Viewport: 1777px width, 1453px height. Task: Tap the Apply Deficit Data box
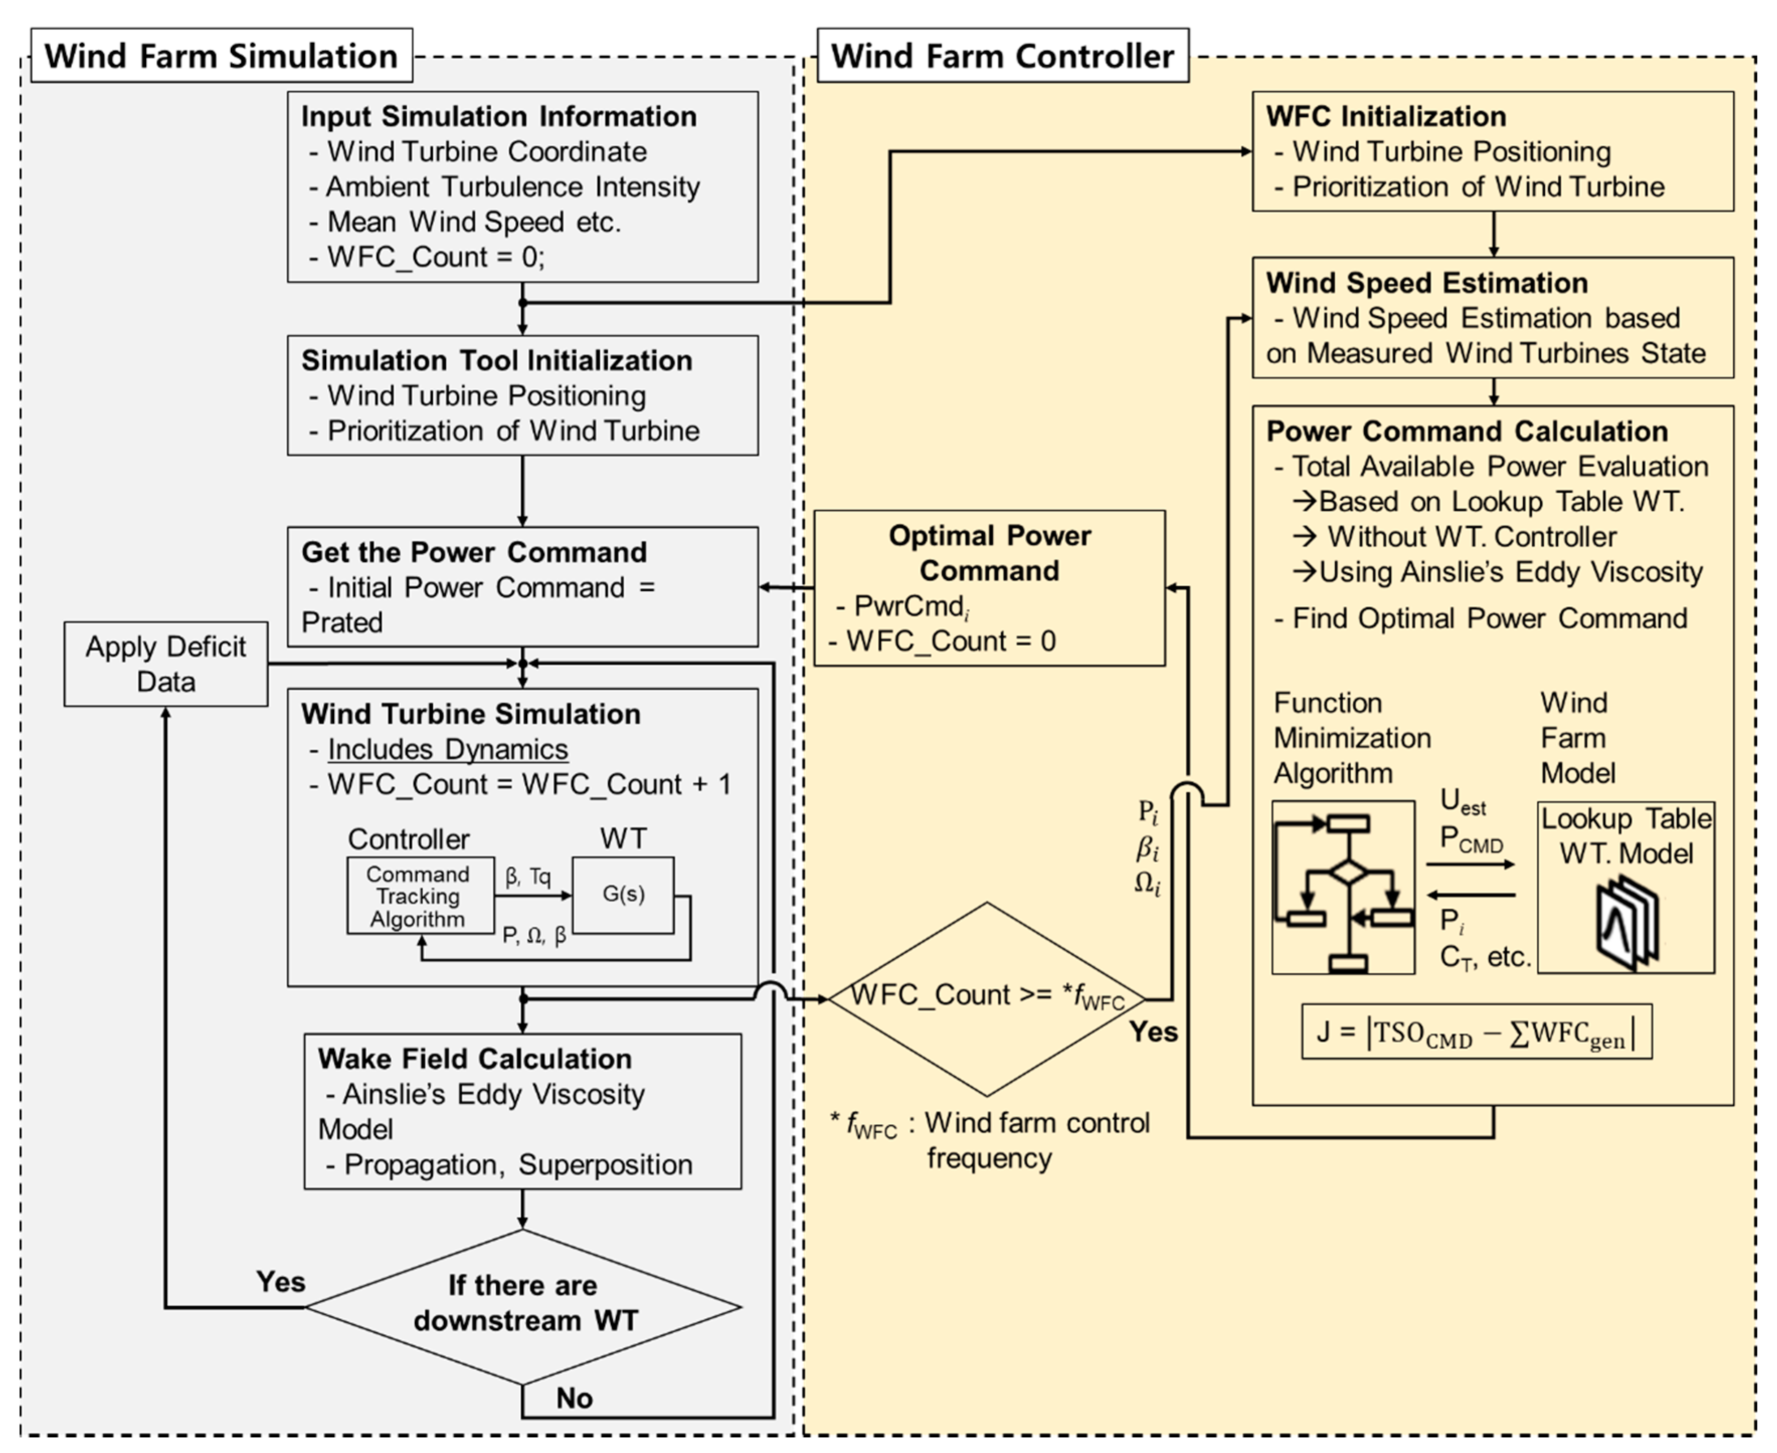(x=166, y=664)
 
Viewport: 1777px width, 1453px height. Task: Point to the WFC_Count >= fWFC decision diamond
(x=987, y=998)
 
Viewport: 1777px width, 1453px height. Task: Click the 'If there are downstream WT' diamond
(x=523, y=1306)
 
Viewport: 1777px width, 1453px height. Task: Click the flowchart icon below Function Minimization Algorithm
(x=1343, y=887)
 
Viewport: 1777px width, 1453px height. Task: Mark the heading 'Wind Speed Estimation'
(x=1427, y=283)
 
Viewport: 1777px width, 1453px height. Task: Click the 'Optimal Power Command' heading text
(x=990, y=553)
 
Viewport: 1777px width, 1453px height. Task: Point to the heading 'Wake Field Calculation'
(x=475, y=1059)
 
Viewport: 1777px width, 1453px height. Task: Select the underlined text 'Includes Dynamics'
(x=447, y=749)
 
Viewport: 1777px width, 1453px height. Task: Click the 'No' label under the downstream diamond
(x=574, y=1398)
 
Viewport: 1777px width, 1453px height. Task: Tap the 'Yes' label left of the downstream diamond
(x=280, y=1282)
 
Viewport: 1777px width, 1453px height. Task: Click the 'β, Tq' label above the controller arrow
(x=528, y=876)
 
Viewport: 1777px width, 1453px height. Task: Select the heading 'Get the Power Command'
(x=474, y=553)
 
